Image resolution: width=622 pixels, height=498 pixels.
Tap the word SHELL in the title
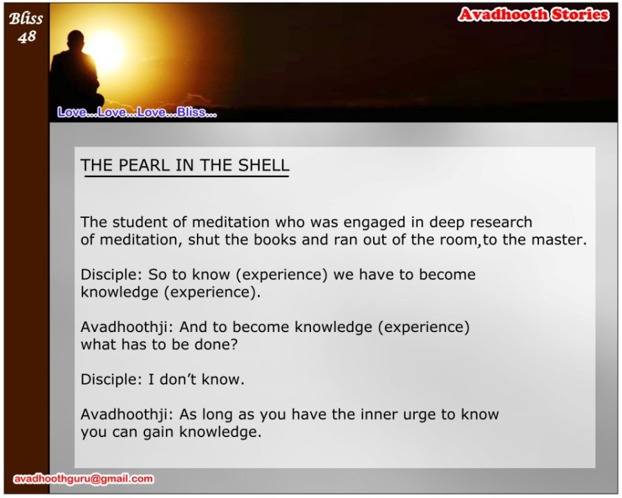point(263,165)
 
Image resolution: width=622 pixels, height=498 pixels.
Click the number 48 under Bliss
point(26,37)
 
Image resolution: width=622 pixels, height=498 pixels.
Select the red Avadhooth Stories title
point(533,15)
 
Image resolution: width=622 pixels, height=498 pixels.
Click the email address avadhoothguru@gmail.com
point(84,479)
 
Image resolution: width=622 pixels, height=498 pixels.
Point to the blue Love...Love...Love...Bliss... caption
point(137,112)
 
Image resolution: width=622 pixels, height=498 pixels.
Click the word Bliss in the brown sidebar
point(26,18)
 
